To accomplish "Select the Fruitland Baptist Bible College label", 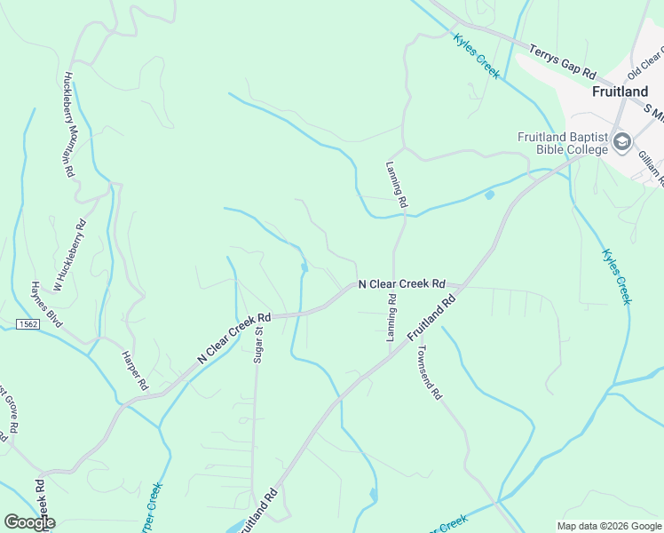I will tap(563, 143).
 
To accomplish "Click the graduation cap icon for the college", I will tap(621, 141).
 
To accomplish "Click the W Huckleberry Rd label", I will tap(69, 256).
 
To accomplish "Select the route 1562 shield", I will tap(27, 325).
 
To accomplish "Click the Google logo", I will tap(29, 522).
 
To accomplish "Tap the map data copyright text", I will tap(609, 526).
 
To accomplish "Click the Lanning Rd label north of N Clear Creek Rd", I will tap(397, 185).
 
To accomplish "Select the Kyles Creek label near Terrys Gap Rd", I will tap(476, 55).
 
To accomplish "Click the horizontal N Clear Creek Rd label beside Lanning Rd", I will tap(401, 284).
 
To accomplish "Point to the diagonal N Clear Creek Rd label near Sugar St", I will tap(233, 338).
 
